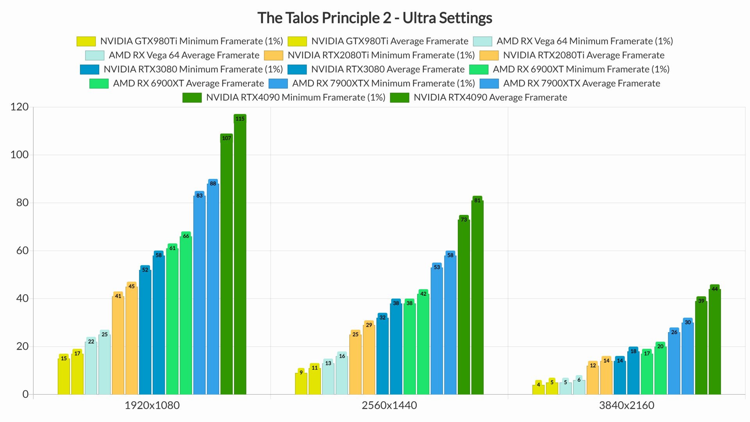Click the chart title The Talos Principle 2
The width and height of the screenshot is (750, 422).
374,18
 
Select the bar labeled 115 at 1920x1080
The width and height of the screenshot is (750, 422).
240,258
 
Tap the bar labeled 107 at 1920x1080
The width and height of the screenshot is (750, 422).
227,266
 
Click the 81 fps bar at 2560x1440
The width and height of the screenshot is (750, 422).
477,297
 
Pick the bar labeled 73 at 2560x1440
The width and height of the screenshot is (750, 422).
464,307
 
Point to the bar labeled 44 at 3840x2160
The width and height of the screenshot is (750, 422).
714,342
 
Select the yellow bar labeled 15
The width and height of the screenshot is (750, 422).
64,376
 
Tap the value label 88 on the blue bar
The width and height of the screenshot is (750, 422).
213,184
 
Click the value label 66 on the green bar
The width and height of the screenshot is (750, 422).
186,236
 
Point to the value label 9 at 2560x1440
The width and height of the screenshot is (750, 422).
301,373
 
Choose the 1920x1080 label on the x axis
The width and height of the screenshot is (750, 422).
152,405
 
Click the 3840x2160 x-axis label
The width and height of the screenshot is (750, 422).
626,405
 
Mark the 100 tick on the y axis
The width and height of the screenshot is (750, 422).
19,155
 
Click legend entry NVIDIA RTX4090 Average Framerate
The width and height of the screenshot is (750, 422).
490,97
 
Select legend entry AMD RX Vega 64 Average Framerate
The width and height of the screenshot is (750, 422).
184,55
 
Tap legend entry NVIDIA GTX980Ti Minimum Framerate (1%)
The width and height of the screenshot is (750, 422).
191,41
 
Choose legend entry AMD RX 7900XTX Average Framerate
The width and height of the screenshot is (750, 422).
581,83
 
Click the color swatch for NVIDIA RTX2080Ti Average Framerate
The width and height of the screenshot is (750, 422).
489,55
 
